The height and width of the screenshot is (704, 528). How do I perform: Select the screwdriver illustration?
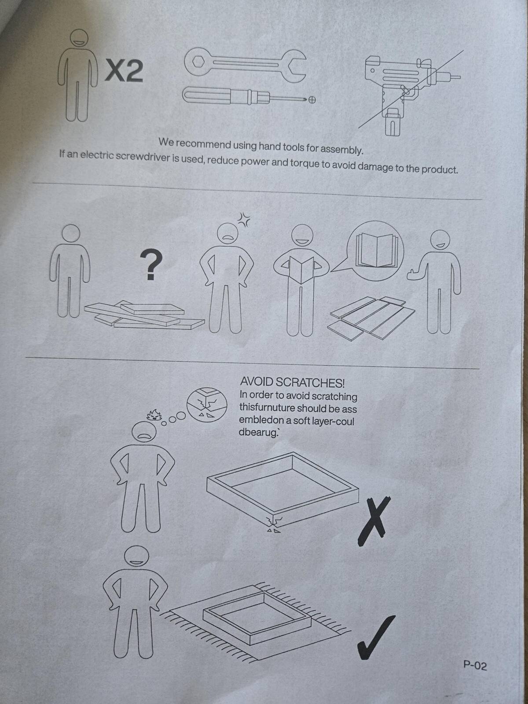[249, 96]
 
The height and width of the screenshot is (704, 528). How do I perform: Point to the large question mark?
[151, 265]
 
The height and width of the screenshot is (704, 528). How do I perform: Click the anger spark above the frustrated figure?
[244, 220]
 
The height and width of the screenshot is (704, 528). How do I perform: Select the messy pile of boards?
[144, 315]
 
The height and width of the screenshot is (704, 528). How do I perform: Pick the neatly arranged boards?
[371, 318]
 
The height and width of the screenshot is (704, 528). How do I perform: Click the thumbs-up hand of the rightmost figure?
[414, 275]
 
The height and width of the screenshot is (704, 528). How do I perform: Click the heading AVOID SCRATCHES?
[292, 382]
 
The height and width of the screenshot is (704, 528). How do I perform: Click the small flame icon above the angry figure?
[154, 415]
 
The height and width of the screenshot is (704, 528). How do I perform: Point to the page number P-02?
[475, 666]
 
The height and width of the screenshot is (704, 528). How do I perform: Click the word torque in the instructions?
[304, 165]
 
